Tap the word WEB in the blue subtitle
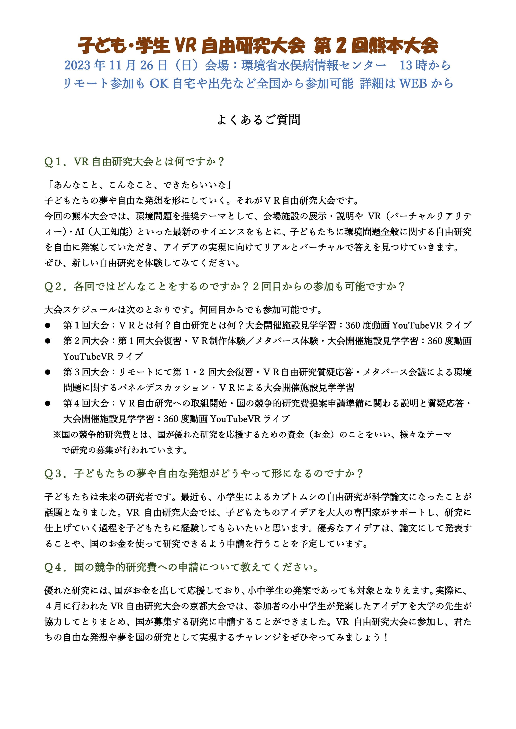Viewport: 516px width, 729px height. pos(413,84)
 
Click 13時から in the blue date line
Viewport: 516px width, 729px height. pos(425,65)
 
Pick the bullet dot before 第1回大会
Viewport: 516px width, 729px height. pos(48,325)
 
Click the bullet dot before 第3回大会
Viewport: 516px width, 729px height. pos(48,372)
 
